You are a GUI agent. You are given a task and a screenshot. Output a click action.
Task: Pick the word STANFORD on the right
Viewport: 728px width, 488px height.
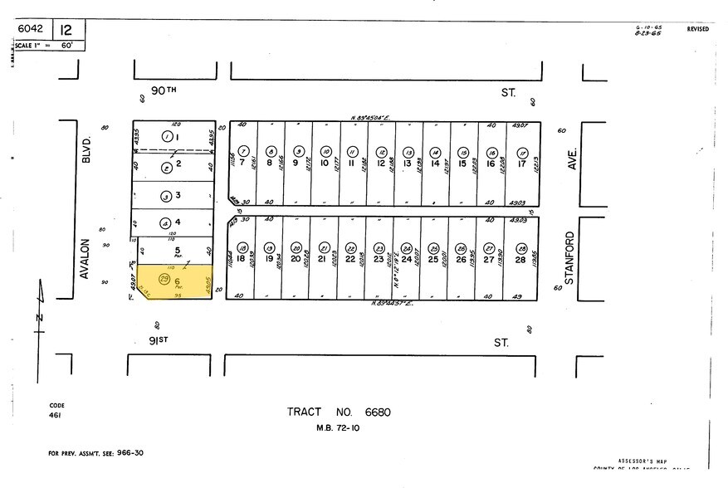coord(569,257)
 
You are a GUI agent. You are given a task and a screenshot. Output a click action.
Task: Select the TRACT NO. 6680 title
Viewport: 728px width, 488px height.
coord(339,412)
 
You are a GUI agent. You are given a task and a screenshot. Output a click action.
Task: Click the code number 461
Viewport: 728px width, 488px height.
coord(55,414)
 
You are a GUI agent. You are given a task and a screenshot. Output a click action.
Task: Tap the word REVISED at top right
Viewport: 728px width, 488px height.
coord(697,29)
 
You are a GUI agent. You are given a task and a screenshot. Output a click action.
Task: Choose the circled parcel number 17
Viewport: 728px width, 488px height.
coord(522,152)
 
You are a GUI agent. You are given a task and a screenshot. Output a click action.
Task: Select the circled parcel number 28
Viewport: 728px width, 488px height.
coord(521,248)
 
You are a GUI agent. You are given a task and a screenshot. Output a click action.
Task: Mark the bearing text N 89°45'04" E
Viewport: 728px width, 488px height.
coord(374,118)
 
